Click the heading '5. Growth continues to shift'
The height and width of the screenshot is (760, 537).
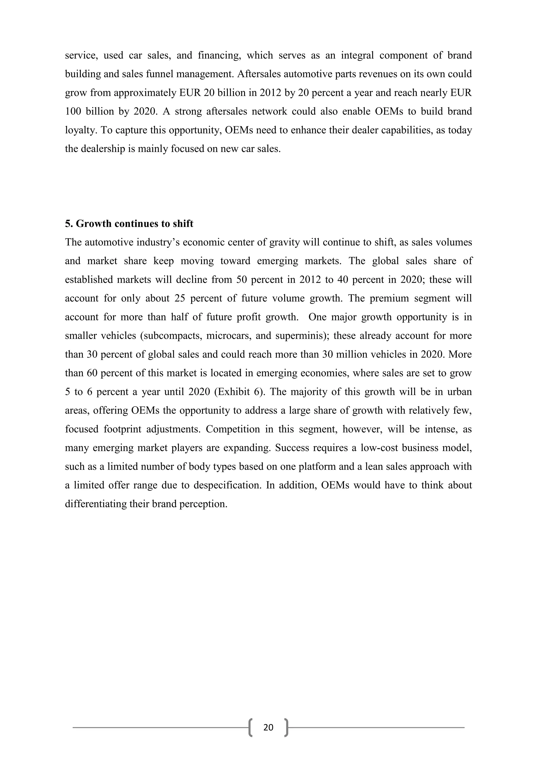pos(129,224)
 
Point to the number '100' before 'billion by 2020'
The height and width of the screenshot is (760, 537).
pos(72,111)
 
